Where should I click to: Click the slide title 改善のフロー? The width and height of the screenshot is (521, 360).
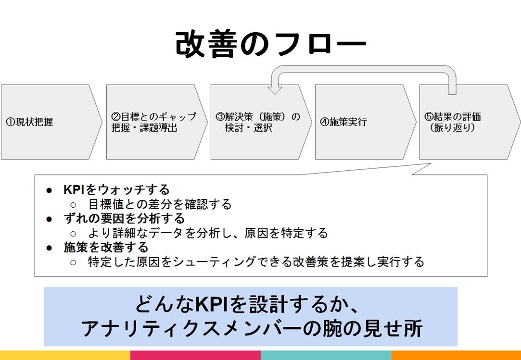point(270,46)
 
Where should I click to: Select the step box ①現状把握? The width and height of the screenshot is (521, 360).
point(48,122)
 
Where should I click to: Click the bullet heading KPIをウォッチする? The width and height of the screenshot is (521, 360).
point(116,190)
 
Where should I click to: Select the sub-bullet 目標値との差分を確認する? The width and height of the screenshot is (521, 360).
point(160,204)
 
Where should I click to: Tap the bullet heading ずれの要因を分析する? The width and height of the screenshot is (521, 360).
point(124,219)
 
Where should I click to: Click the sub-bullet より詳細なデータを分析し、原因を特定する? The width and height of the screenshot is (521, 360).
point(208,234)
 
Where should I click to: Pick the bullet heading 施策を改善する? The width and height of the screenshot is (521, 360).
point(106,248)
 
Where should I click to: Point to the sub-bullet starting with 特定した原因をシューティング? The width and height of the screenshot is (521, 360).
point(256,262)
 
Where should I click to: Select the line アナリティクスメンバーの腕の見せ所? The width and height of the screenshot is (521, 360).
point(251,329)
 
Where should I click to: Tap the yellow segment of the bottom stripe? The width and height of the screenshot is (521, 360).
point(65,355)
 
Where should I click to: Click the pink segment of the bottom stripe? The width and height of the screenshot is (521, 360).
point(195,355)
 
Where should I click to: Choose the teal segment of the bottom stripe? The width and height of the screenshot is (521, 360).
point(326,355)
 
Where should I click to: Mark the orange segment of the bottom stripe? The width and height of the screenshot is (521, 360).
point(456,355)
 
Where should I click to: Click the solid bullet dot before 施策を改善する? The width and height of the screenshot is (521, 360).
point(49,248)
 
